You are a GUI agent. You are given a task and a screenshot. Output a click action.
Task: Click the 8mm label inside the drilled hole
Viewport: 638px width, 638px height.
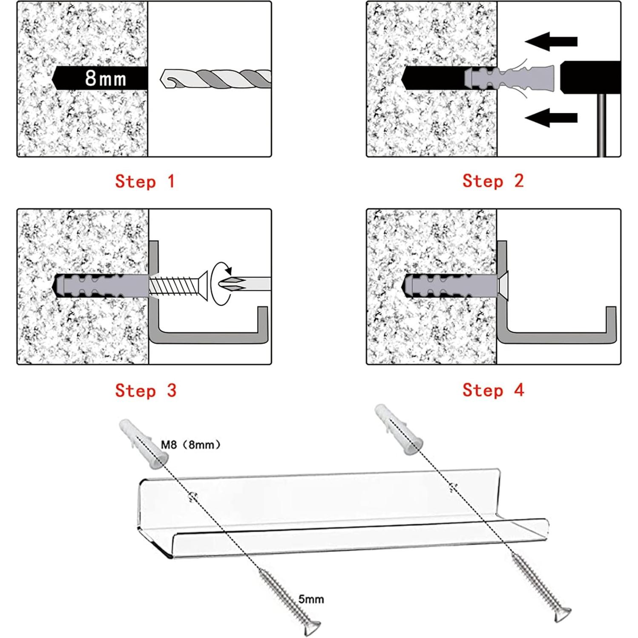click(x=105, y=78)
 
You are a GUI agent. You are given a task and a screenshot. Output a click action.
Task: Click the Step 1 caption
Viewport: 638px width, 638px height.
click(x=145, y=181)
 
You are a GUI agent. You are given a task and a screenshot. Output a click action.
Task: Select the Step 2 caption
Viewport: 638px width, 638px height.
click(x=493, y=181)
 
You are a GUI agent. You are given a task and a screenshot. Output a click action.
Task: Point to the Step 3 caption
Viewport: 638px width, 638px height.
click(x=145, y=391)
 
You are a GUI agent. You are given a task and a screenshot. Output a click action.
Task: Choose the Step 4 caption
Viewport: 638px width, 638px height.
click(x=493, y=390)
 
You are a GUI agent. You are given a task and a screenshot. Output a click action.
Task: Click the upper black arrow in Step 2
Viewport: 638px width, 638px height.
click(x=551, y=41)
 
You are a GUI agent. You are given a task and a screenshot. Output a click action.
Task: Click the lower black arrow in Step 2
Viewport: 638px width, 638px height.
click(x=551, y=118)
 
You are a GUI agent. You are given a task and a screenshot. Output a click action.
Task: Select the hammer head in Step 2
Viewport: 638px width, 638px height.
click(x=590, y=78)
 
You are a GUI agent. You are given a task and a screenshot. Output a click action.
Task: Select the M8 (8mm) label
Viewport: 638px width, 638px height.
click(x=190, y=445)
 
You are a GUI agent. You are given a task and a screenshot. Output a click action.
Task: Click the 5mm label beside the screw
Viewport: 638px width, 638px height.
click(x=311, y=599)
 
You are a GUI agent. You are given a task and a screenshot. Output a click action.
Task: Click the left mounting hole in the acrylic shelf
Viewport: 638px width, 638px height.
click(x=193, y=496)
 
